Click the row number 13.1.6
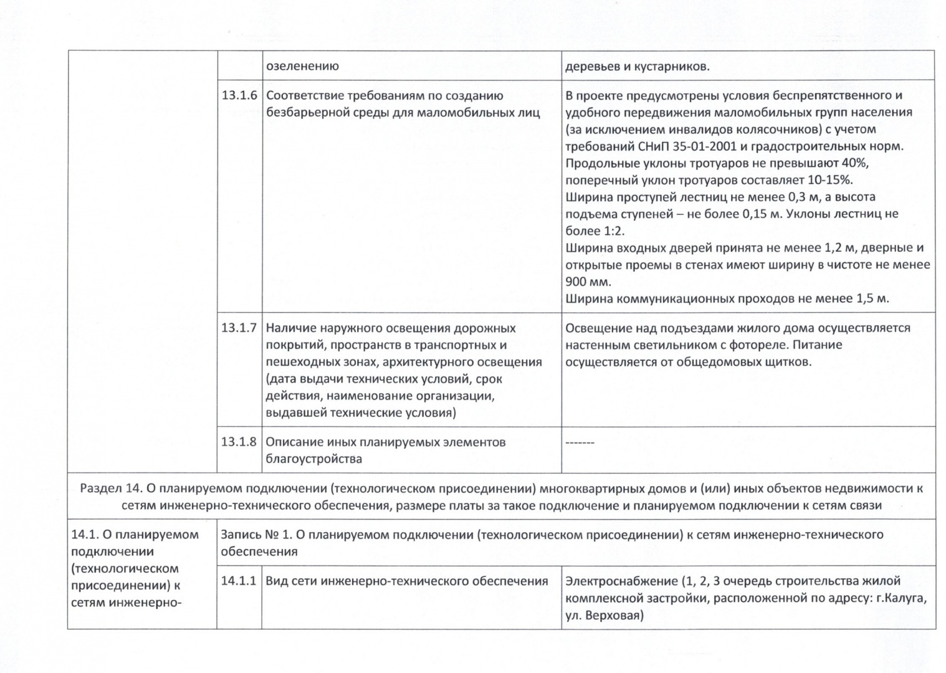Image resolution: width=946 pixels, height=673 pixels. (239, 96)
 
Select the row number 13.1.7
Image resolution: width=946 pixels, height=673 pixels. (239, 328)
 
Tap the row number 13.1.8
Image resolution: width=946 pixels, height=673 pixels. (239, 442)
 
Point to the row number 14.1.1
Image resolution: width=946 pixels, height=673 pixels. (239, 581)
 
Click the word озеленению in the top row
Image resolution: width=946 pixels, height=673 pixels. (302, 67)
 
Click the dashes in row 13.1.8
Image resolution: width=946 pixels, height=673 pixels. (580, 442)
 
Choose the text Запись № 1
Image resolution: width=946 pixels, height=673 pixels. (254, 535)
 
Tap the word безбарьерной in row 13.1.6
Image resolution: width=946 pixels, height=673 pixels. (304, 113)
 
